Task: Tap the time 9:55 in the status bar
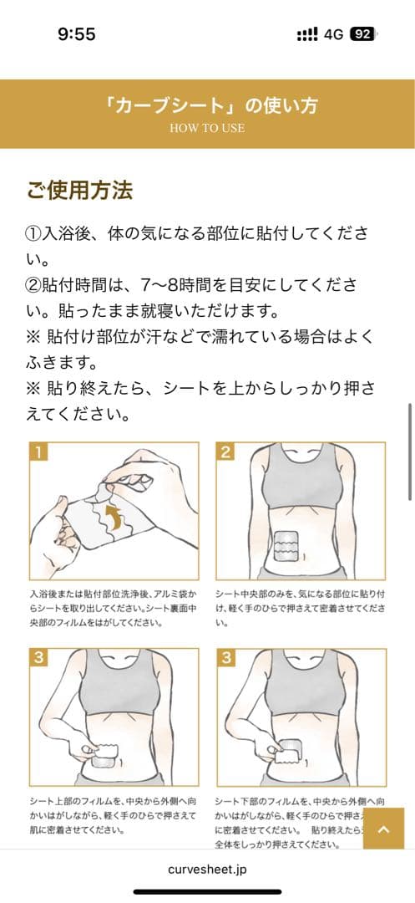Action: (76, 34)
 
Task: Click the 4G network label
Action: (334, 34)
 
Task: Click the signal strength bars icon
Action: (307, 34)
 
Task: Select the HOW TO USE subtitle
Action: (207, 128)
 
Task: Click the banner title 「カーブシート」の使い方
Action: (207, 106)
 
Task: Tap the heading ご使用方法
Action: (79, 191)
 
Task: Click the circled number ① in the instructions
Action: (35, 232)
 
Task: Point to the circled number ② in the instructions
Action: (35, 285)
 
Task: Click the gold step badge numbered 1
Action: (38, 452)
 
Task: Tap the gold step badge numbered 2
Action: (225, 452)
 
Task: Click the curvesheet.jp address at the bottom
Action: (207, 869)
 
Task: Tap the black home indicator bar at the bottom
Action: (207, 892)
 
